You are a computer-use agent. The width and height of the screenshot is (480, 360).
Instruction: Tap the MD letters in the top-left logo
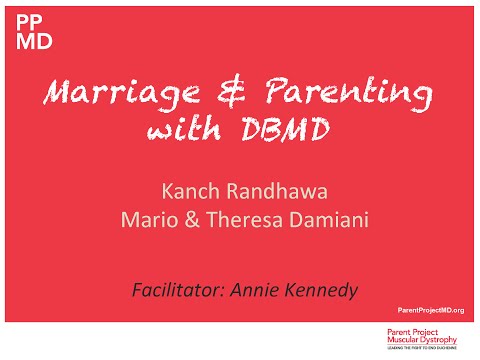(28, 42)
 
